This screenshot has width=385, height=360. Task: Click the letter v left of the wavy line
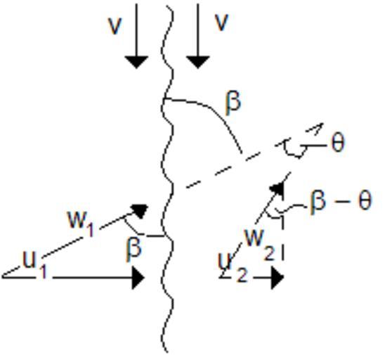coord(115,26)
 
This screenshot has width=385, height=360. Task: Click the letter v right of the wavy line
coord(222,22)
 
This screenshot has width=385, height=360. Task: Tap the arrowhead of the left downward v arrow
coord(136,62)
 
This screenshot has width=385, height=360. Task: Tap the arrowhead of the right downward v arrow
coord(197,62)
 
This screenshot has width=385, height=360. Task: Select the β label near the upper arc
coord(233,103)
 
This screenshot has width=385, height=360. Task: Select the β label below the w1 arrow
coord(133,250)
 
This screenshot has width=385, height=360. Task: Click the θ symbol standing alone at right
coord(338,143)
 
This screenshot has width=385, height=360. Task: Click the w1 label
coord(81,223)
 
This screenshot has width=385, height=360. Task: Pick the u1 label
coord(35,264)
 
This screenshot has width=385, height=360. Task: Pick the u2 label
coord(233,267)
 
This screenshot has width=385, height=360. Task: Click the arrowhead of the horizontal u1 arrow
coord(138,278)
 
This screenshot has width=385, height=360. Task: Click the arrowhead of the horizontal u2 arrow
coord(278,278)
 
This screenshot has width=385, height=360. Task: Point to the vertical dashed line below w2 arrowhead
coord(283,237)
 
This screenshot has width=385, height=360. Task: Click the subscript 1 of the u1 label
coord(44,272)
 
